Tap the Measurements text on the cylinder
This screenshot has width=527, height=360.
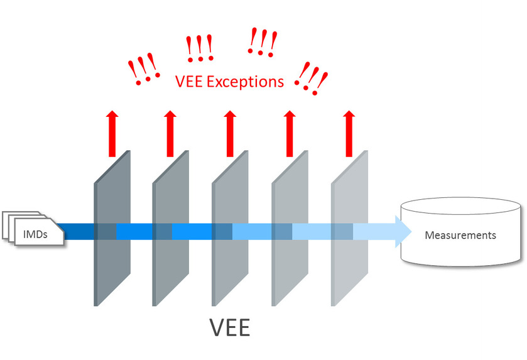(x=460, y=236)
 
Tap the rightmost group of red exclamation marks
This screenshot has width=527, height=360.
(x=312, y=79)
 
